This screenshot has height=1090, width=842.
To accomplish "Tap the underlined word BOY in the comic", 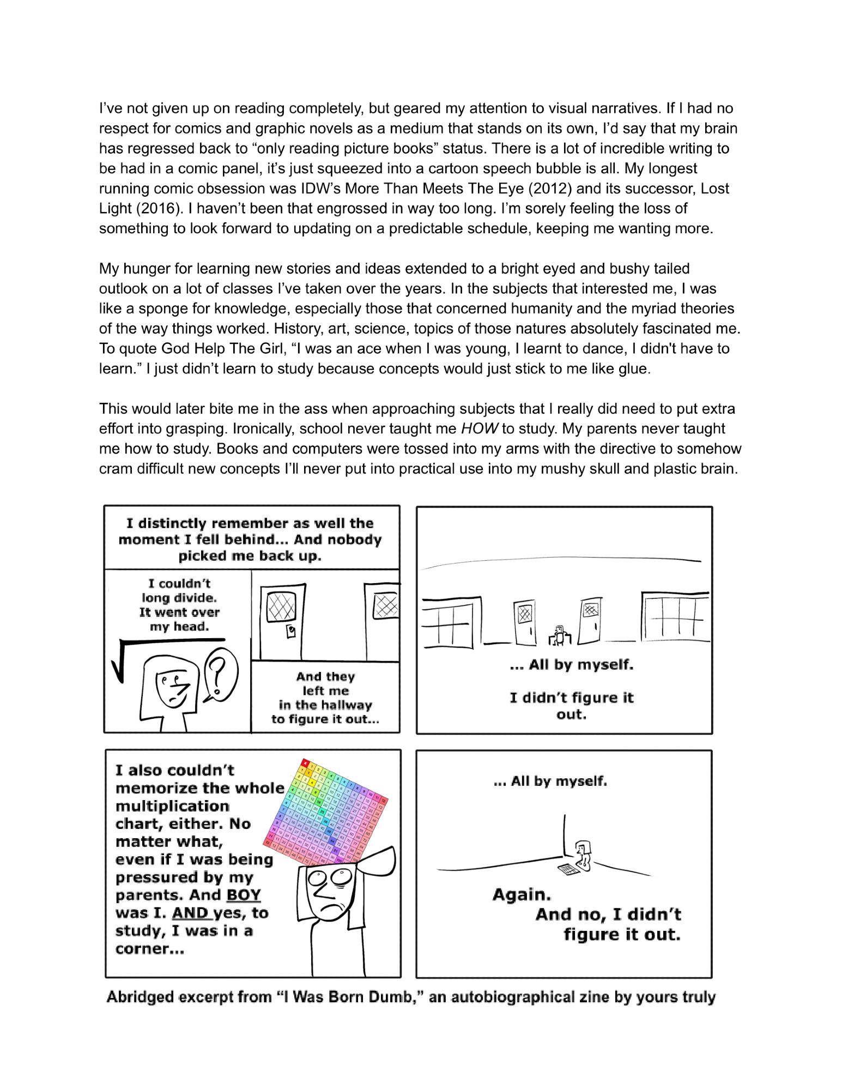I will (244, 895).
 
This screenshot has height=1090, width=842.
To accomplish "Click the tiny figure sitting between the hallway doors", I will (559, 635).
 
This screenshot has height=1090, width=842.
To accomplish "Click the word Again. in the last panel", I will (522, 895).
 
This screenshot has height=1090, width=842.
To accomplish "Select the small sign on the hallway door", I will (291, 631).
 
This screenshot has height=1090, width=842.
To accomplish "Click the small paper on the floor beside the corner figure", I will (568, 870).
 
